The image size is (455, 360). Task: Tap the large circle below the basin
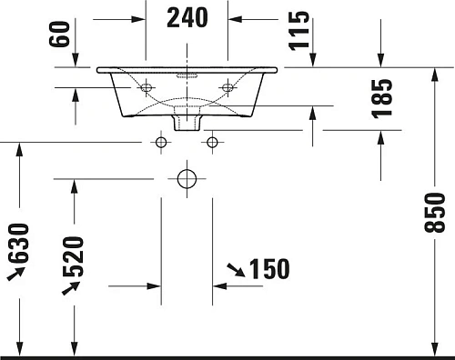click(187, 178)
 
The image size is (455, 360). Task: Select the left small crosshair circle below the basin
click(162, 142)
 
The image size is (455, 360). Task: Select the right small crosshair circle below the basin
click(213, 142)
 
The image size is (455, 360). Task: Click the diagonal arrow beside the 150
click(235, 268)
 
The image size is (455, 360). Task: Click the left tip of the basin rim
click(97, 68)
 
